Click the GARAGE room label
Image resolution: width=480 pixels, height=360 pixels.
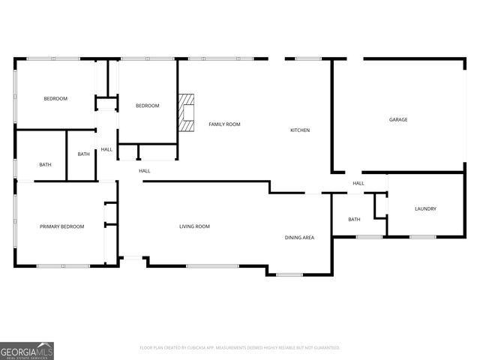coord(398,119)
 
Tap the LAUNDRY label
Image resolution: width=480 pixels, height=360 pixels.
coord(425,208)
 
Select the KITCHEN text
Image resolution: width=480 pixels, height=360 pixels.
coord(300,130)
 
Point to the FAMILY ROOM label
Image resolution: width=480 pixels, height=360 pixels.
coord(224,124)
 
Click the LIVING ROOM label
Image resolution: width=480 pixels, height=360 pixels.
coord(194,226)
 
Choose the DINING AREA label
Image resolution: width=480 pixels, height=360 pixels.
coord(299,238)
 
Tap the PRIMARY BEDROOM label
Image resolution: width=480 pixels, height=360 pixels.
coord(61,226)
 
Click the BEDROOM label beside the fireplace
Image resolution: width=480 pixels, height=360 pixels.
coord(147,106)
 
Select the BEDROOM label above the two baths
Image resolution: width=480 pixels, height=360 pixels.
coord(55,99)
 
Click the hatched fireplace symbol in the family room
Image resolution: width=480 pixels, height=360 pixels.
coord(186,112)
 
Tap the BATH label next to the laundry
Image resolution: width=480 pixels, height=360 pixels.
coord(354,220)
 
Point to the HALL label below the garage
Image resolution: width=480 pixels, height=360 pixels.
coord(358,183)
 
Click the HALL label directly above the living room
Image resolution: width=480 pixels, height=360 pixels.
coord(144,171)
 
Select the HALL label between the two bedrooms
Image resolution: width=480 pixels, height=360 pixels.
coord(106,149)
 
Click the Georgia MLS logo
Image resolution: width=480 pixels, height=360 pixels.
coord(27,350)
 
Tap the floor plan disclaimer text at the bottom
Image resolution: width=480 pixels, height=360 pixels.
coord(240,347)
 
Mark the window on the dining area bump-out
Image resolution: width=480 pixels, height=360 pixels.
coord(289,274)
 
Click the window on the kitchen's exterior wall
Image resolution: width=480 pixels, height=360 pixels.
coord(307,58)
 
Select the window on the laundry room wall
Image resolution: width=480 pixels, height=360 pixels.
coord(422,237)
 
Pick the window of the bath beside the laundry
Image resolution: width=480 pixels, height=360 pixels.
coord(369,237)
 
